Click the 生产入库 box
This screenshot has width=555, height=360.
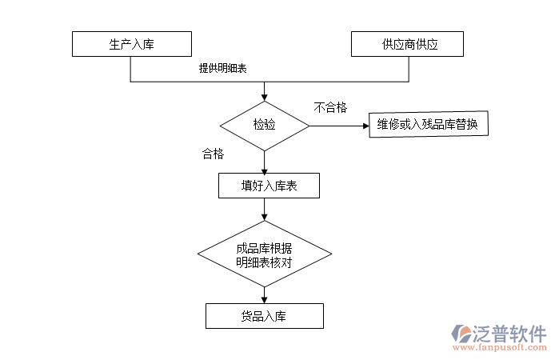pos(131,44)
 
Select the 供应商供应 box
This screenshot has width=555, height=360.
pos(408,44)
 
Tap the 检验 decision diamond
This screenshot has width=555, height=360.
pos(265,126)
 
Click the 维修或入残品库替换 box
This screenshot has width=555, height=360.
pos(428,125)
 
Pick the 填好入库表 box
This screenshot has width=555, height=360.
pos(269,186)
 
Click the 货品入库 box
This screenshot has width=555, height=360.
pos(265,316)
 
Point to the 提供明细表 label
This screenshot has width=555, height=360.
pos(223,69)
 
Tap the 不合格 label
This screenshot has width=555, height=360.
pos(330,108)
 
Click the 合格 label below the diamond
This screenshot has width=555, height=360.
pos(213,154)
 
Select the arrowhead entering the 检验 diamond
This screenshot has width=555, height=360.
pos(265,96)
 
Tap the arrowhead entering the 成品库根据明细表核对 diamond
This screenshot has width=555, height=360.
pos(265,217)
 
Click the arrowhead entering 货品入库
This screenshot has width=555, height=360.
pos(265,299)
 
